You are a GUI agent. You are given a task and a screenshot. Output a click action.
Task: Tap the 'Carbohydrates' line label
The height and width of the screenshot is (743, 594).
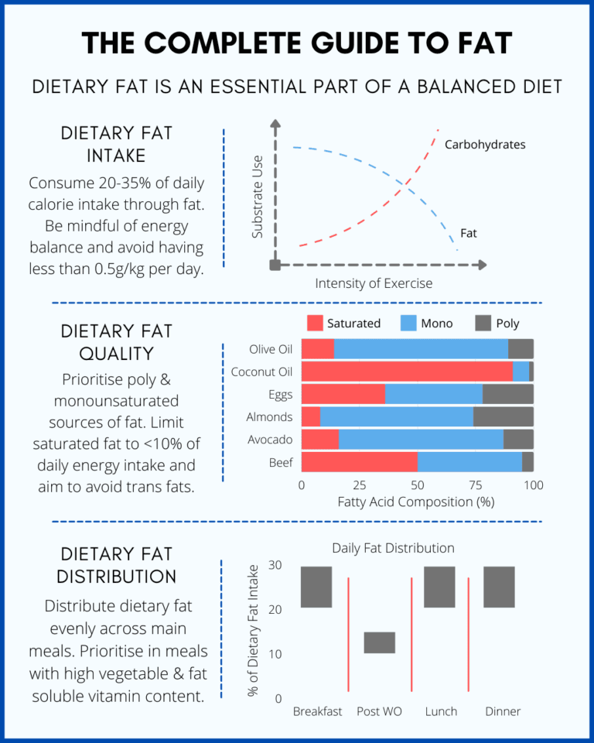[485, 145]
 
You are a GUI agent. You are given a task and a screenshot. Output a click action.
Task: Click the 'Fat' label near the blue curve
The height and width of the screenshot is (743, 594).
[469, 231]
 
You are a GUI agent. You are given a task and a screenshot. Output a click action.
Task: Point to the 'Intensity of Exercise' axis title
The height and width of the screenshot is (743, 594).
[374, 283]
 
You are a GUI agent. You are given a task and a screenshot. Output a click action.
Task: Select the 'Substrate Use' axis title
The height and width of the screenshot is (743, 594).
[258, 197]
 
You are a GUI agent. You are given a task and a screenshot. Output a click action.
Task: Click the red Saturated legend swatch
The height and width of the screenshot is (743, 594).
[314, 324]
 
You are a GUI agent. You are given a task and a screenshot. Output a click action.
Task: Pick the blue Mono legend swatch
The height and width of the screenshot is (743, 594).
[408, 324]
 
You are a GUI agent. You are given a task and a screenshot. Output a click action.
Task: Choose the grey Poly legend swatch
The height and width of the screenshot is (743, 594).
[483, 324]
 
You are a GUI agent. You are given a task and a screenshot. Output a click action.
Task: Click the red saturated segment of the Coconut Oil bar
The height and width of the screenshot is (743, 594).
[407, 371]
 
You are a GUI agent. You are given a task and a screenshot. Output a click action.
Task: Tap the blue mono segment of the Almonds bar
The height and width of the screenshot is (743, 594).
[396, 416]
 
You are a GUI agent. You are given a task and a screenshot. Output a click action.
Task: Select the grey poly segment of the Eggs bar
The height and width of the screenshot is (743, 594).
[507, 394]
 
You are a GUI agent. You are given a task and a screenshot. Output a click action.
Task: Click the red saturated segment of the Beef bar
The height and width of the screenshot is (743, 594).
[359, 462]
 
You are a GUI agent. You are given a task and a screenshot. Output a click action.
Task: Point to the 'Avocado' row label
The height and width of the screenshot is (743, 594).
[271, 440]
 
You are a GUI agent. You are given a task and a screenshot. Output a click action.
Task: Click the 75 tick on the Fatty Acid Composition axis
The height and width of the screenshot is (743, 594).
[475, 485]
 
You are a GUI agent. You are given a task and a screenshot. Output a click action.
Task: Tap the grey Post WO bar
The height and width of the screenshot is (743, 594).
[380, 642]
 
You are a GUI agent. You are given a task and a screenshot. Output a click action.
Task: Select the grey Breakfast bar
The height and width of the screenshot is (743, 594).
[316, 587]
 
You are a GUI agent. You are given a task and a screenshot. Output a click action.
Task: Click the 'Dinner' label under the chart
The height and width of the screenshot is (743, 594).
[503, 711]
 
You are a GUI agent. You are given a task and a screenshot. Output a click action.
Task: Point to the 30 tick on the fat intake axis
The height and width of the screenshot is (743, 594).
[275, 565]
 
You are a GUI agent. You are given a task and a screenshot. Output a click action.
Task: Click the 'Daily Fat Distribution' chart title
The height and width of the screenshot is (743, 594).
[393, 548]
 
